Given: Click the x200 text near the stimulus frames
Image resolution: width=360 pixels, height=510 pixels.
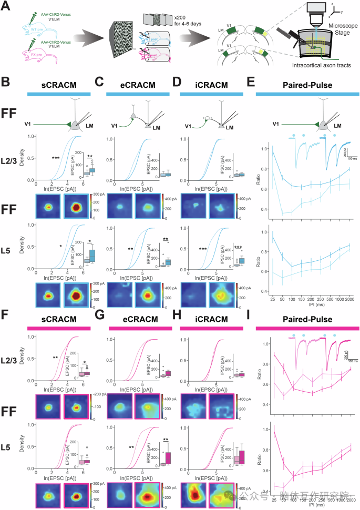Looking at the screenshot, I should point(171,18).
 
